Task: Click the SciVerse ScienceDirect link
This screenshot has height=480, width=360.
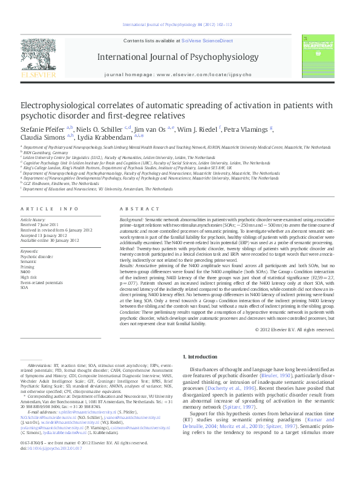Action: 207,41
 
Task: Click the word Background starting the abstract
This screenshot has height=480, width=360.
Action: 131,220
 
